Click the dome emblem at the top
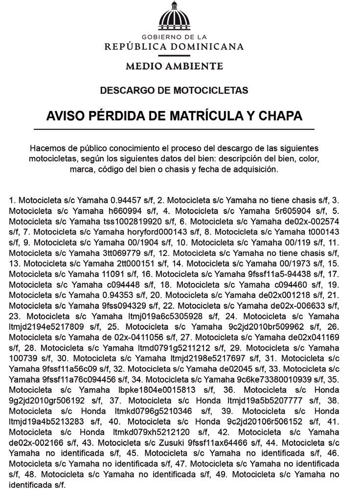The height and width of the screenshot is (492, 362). click(x=174, y=17)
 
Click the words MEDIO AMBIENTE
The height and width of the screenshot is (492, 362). click(x=174, y=65)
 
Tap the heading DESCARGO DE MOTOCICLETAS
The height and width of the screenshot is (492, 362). click(x=174, y=90)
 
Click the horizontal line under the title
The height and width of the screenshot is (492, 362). click(x=174, y=129)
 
